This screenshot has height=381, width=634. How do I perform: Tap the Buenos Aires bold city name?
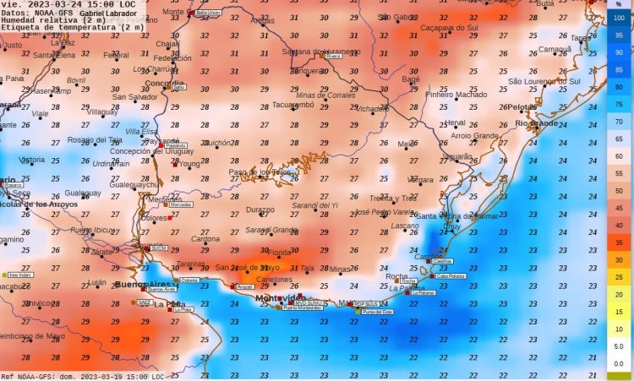143,284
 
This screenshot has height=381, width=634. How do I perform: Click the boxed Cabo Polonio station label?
453,275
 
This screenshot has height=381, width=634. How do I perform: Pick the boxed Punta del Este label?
378,312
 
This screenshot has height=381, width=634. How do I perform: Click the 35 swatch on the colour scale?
620,242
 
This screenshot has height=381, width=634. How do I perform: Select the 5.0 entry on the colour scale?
620,346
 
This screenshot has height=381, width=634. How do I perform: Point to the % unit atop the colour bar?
620,4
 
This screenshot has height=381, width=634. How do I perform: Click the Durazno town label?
260,209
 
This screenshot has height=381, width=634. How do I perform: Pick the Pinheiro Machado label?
456,95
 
